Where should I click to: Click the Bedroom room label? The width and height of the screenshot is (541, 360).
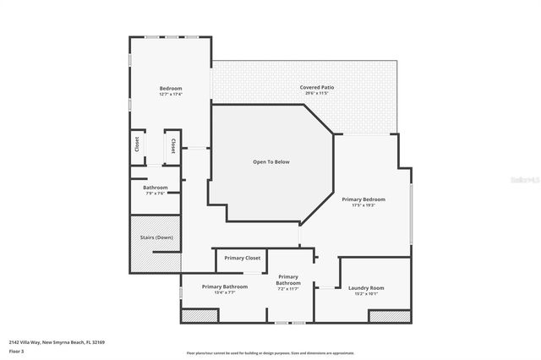pyautogui.click(x=171, y=88)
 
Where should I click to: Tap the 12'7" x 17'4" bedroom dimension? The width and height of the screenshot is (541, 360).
pyautogui.click(x=171, y=94)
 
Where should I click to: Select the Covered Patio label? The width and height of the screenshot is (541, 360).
pyautogui.click(x=314, y=87)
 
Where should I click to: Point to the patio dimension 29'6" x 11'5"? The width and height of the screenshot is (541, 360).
pyautogui.click(x=314, y=93)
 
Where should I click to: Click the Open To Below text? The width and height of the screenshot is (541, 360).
pyautogui.click(x=270, y=161)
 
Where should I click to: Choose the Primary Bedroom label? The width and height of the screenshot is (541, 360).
pyautogui.click(x=363, y=199)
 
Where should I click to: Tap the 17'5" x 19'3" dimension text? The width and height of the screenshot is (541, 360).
pyautogui.click(x=363, y=205)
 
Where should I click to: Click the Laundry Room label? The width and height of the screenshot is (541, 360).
pyautogui.click(x=366, y=287)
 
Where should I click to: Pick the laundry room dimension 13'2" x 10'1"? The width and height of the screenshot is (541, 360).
pyautogui.click(x=366, y=293)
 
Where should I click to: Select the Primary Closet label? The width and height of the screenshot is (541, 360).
pyautogui.click(x=243, y=258)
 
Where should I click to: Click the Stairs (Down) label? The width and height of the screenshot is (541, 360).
pyautogui.click(x=155, y=237)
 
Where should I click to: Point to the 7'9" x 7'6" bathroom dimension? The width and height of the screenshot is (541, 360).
pyautogui.click(x=155, y=194)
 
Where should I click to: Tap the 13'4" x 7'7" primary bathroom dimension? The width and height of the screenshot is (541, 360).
pyautogui.click(x=224, y=293)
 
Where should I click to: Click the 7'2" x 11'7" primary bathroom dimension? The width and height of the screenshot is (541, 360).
pyautogui.click(x=288, y=289)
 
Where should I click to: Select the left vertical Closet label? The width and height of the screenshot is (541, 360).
pyautogui.click(x=137, y=145)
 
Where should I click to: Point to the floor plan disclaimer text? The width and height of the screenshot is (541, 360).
pyautogui.click(x=270, y=353)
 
